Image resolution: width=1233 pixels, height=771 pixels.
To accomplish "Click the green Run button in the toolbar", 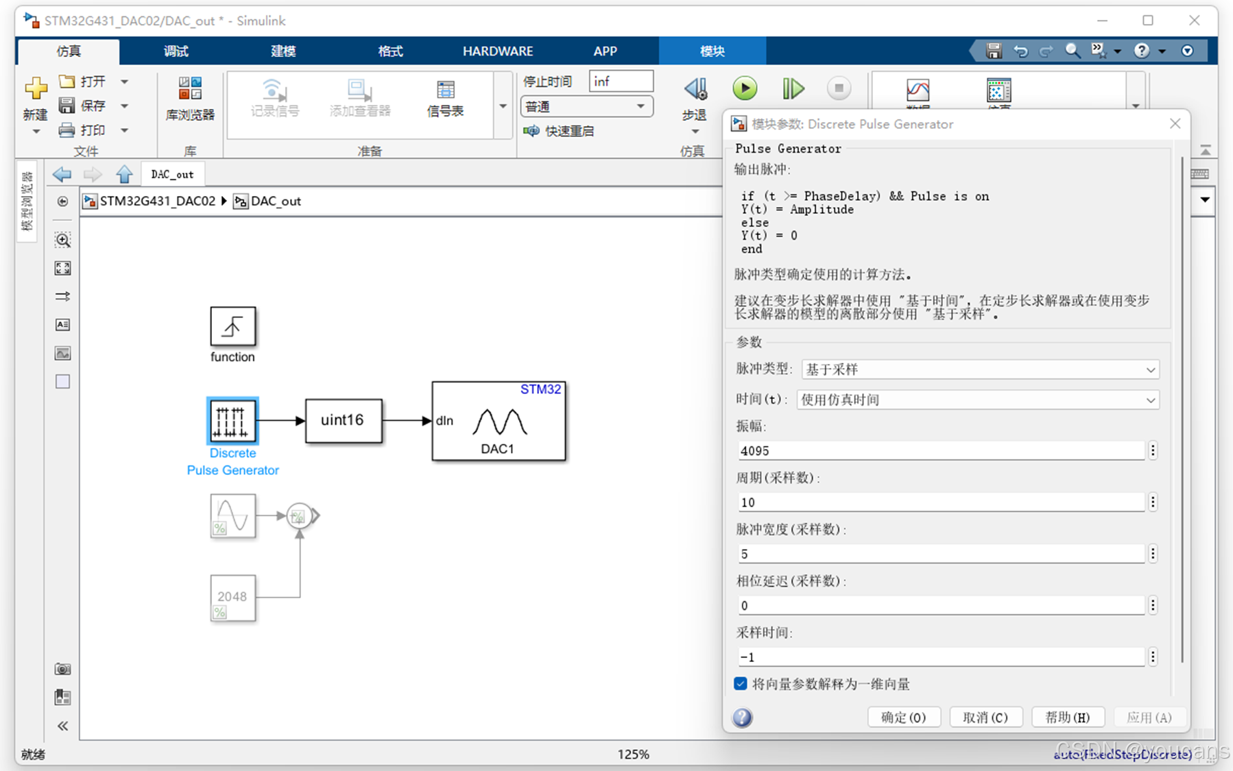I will pos(745,88).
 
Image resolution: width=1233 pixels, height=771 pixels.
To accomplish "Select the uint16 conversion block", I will pos(343,420).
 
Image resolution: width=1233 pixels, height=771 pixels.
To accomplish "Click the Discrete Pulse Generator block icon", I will pos(232,420).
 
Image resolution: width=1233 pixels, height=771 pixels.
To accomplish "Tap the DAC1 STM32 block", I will pos(499,421).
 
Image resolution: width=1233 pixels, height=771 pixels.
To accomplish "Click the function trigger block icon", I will pos(232,326).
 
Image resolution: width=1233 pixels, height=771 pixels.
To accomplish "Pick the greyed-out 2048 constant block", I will pos(232,598).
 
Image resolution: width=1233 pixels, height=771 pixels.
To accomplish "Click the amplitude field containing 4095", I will pos(940,451).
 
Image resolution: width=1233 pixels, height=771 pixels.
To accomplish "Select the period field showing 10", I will pos(940,502).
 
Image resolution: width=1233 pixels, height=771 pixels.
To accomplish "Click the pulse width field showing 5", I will pos(940,554).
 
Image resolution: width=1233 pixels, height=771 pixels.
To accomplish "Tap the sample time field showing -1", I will pos(940,657).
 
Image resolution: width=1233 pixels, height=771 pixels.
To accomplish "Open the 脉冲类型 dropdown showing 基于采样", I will pos(980,370).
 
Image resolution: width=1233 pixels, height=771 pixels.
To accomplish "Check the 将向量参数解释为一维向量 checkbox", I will pos(741,684).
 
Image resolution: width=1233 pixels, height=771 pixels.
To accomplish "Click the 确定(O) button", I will pos(903,718).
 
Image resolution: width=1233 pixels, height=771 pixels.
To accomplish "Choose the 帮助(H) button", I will pos(1067,718).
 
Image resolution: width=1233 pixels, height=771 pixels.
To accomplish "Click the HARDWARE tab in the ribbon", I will pos(497,51).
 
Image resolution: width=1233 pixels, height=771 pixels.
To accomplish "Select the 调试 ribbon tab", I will pos(176,51).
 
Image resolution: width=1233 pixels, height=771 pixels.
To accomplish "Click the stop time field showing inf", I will pos(620,82).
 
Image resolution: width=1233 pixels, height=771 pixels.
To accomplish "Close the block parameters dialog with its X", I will pos(1175,123).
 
